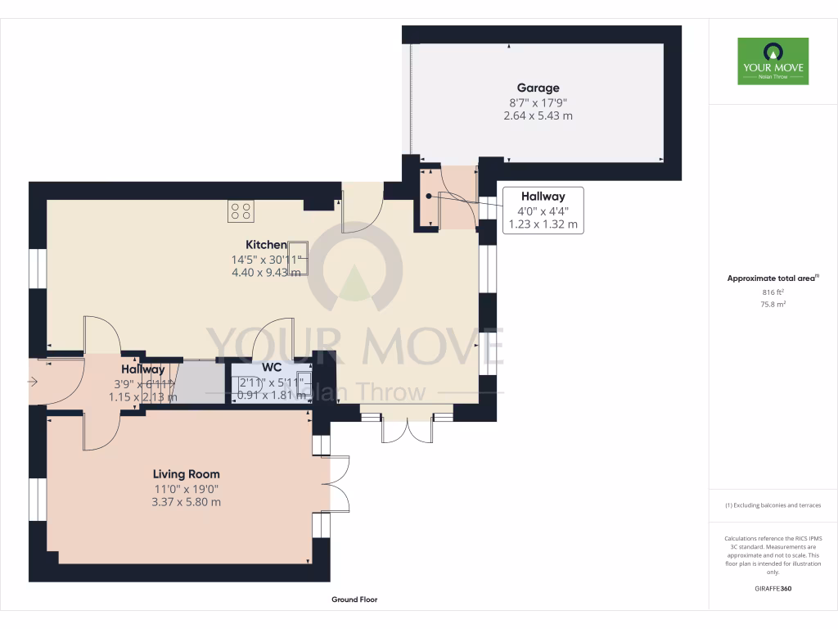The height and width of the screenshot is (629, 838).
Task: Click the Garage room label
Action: pos(538,88)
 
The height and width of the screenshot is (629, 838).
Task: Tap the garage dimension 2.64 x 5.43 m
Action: pos(538,116)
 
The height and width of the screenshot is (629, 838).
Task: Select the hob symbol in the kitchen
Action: pos(241,210)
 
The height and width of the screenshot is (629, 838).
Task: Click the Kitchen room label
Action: pos(266,245)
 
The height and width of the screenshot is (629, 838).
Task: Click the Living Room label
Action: pos(186,474)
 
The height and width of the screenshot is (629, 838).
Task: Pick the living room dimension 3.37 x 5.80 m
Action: pos(186,502)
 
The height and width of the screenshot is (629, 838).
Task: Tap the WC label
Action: pos(272,368)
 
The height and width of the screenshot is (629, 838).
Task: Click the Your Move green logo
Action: pos(773,61)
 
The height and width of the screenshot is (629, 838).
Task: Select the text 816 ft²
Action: pos(773,292)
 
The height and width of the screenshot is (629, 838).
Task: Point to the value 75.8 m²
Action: pos(773,304)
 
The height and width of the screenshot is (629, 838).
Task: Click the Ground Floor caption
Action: pos(354,600)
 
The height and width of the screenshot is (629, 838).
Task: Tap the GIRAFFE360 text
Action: pos(773,588)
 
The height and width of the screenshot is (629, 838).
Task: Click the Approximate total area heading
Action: pos(772,278)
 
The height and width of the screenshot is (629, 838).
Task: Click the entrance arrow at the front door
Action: pos(33,381)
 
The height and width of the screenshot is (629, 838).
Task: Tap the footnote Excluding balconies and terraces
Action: pos(773,505)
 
